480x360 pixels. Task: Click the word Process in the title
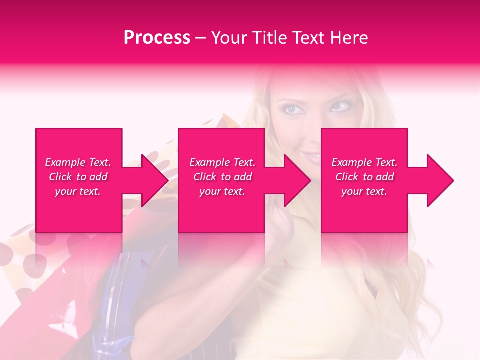click(157, 38)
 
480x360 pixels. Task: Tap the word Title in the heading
click(269, 38)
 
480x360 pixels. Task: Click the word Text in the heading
click(308, 38)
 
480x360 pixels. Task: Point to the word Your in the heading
click(229, 38)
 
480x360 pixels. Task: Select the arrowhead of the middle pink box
click(296, 180)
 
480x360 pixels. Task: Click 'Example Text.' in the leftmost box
click(78, 162)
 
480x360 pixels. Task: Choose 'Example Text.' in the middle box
click(222, 162)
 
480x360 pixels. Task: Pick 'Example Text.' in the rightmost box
click(364, 162)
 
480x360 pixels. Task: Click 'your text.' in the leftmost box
click(78, 191)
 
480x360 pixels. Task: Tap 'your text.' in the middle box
click(222, 191)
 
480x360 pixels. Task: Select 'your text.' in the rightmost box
click(364, 191)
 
